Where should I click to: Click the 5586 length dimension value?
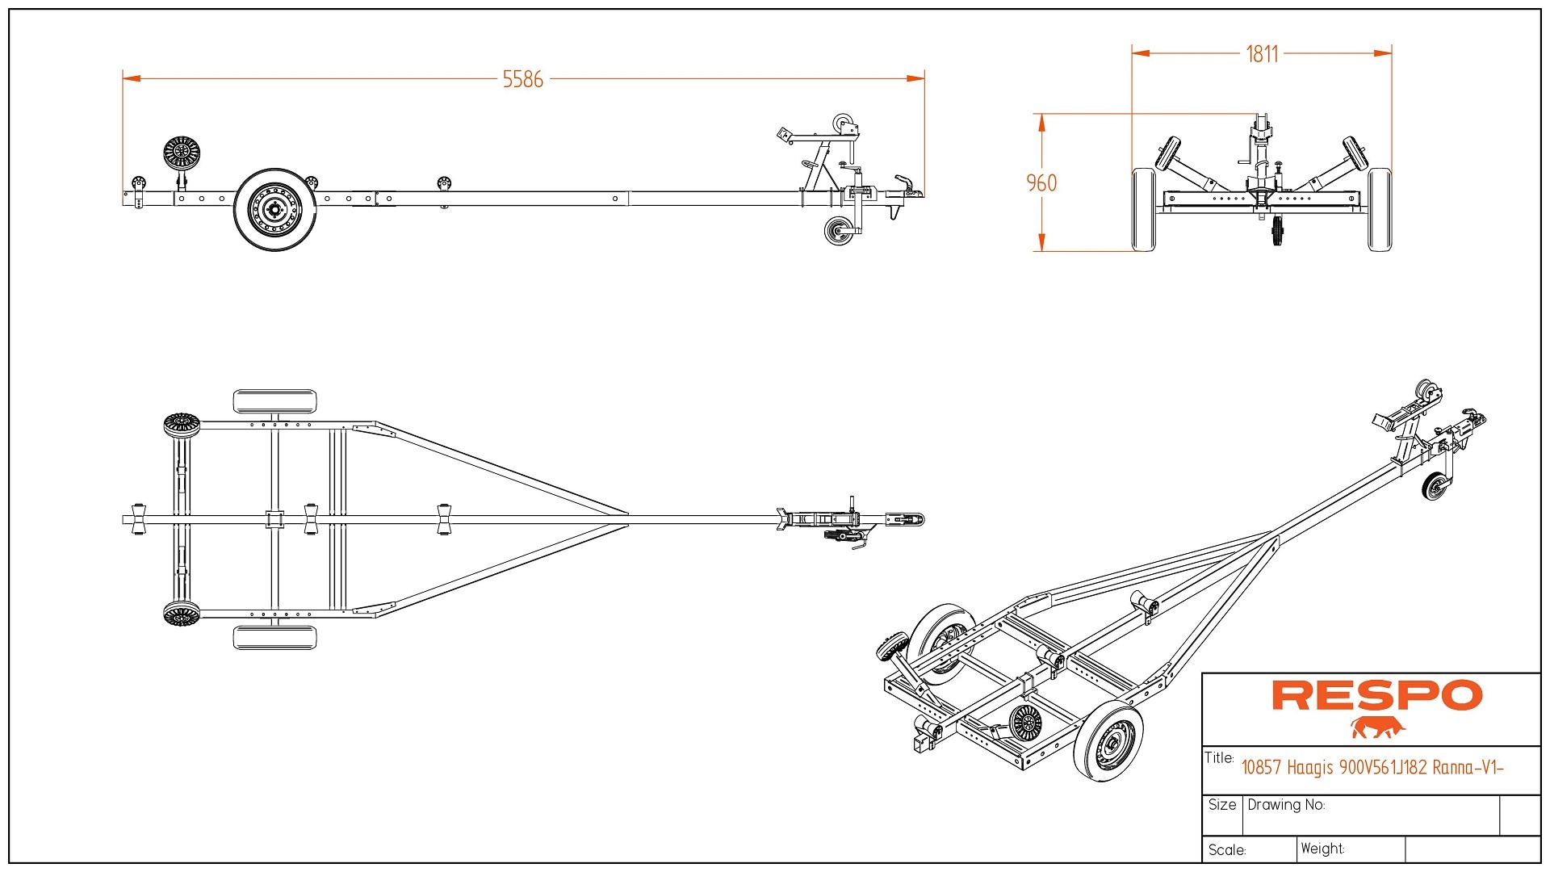click(522, 79)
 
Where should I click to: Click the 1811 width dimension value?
click(1262, 54)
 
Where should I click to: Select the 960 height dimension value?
click(1041, 183)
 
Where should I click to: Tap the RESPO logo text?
click(1376, 695)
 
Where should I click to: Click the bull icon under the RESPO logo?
click(1377, 727)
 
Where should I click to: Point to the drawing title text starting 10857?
click(1372, 767)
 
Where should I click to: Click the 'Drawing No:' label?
click(1286, 805)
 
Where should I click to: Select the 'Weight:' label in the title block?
click(1322, 849)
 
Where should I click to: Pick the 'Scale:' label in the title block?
click(1227, 850)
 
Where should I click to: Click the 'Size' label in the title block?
click(1222, 805)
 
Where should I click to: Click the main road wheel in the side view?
click(274, 210)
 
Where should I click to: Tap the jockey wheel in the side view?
click(839, 231)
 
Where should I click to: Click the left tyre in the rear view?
click(1143, 209)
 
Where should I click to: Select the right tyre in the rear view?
click(1380, 209)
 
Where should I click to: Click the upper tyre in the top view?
click(274, 401)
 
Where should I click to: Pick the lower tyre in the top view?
click(274, 637)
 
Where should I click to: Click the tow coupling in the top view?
click(906, 519)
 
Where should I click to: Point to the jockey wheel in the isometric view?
click(1435, 487)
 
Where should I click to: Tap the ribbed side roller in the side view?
click(182, 153)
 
